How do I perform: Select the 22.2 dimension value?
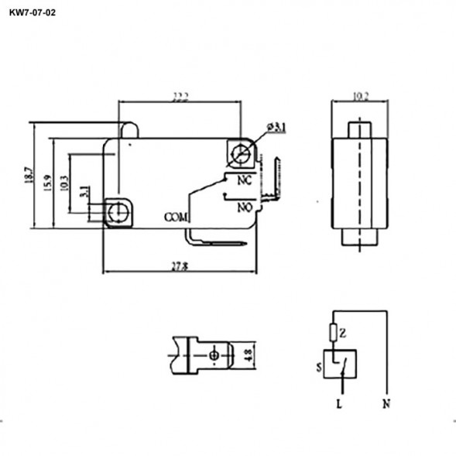[181, 96]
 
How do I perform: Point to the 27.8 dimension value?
[180, 266]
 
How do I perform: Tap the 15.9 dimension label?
[48, 183]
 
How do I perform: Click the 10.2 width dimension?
[360, 97]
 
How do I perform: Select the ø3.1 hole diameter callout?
[276, 127]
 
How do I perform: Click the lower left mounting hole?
[118, 212]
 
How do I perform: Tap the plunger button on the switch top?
[130, 130]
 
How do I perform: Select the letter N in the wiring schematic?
[385, 404]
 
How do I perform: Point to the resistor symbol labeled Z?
[334, 333]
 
